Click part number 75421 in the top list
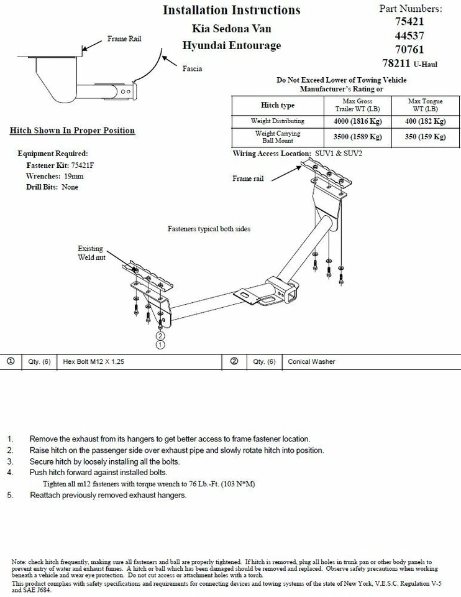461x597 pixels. pyautogui.click(x=409, y=22)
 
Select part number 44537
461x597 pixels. pyautogui.click(x=409, y=36)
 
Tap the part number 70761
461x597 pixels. pyautogui.click(x=409, y=50)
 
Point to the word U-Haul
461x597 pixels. pyautogui.click(x=426, y=64)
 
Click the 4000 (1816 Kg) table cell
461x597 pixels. pyautogui.click(x=354, y=121)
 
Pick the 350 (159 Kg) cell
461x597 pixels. pyautogui.click(x=422, y=137)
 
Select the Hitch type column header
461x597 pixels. pyautogui.click(x=278, y=105)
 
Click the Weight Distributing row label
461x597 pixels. pyautogui.click(x=278, y=121)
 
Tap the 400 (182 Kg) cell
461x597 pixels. pyautogui.click(x=422, y=121)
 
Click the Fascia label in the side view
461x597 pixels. pyautogui.click(x=192, y=68)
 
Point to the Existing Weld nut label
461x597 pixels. pyautogui.click(x=91, y=252)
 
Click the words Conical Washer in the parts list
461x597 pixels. pyautogui.click(x=312, y=361)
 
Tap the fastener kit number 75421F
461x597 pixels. pyautogui.click(x=80, y=166)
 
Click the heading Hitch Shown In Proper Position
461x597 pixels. pyautogui.click(x=72, y=131)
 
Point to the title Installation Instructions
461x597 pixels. pyautogui.click(x=231, y=10)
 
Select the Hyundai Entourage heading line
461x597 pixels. pyautogui.click(x=231, y=45)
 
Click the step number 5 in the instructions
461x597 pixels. pyautogui.click(x=10, y=495)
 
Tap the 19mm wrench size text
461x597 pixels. pyautogui.click(x=73, y=177)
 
